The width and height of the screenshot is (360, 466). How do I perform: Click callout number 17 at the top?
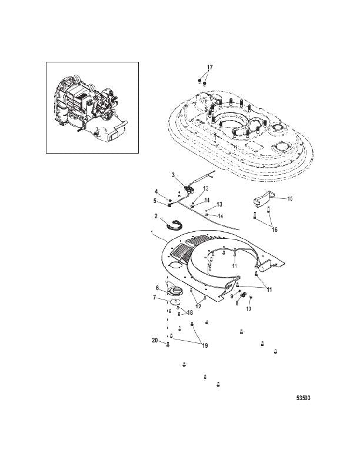point(209,68)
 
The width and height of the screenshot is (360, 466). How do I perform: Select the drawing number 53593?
point(303,398)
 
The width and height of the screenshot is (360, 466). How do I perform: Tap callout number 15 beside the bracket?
point(290,198)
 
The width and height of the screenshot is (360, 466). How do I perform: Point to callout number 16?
point(275,229)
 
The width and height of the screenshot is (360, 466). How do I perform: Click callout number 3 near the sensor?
point(173,175)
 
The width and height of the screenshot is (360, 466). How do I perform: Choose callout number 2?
point(156,216)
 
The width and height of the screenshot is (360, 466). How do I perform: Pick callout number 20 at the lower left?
point(155,340)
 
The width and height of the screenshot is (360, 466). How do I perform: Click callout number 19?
point(205,345)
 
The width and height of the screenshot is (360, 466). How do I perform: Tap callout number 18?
point(189,312)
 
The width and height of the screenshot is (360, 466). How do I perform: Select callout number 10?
point(249,309)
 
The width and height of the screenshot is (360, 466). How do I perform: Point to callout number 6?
point(158,288)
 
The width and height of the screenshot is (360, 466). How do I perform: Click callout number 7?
point(155,297)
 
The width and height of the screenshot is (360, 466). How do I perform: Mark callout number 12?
point(198,306)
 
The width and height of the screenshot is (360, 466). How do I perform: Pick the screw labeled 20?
point(168,345)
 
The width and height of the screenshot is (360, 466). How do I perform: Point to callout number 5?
point(155,201)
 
